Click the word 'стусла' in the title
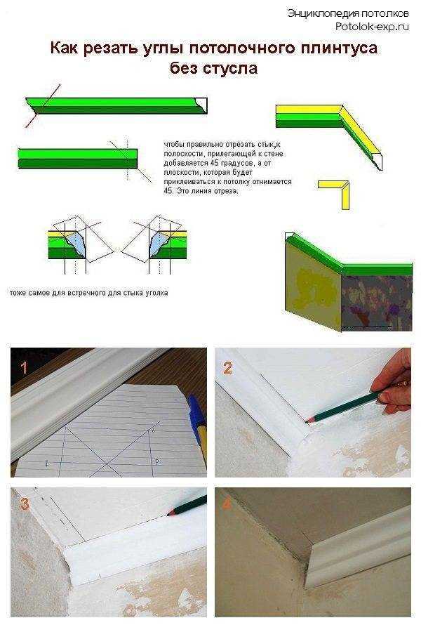(x=234, y=69)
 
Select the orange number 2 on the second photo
(x=227, y=367)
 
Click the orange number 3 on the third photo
(x=25, y=503)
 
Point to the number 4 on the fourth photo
(x=227, y=504)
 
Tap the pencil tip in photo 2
(x=309, y=419)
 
